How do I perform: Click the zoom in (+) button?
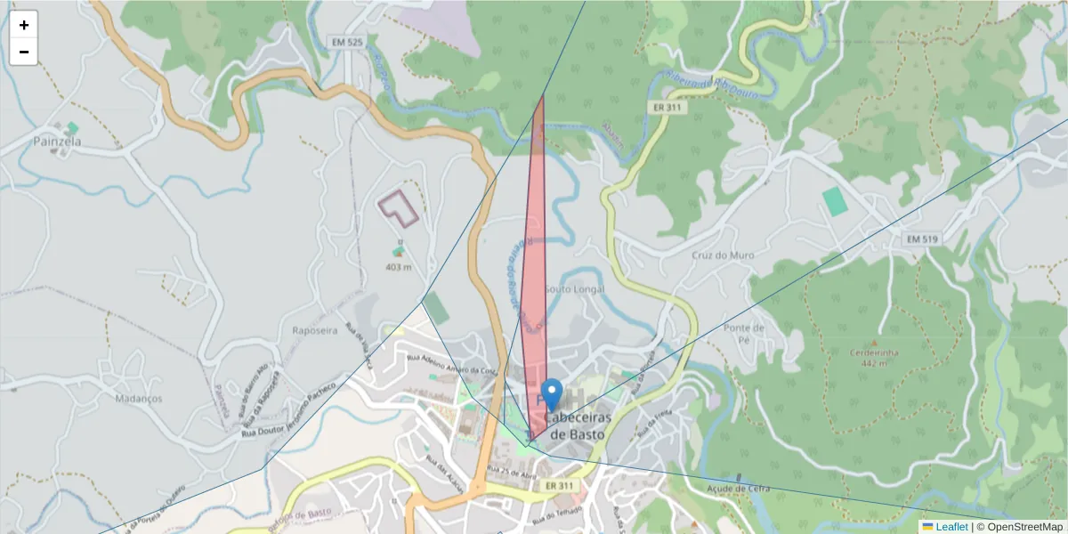click(x=24, y=25)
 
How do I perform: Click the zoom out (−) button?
click(x=24, y=52)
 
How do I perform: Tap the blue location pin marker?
click(x=552, y=394)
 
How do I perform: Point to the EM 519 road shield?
click(x=923, y=239)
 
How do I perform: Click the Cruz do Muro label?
click(x=723, y=255)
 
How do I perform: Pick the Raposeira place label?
click(x=314, y=329)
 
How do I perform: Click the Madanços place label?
click(x=139, y=399)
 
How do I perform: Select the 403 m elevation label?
click(x=399, y=267)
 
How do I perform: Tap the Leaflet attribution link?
click(x=951, y=527)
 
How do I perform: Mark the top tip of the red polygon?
click(x=542, y=96)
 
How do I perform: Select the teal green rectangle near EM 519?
click(x=835, y=200)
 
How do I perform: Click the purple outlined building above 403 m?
click(x=399, y=206)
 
